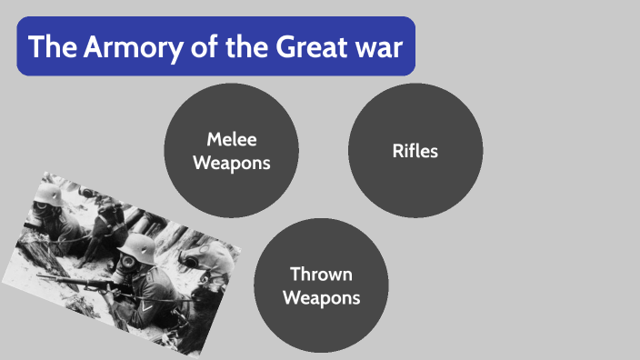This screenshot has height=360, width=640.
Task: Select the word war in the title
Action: pos(377,46)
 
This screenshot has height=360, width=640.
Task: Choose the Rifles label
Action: pos(415,151)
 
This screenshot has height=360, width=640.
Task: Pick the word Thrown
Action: pos(321,274)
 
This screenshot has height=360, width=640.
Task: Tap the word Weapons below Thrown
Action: pos(321,297)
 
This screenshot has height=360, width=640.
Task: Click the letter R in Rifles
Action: pos(398,151)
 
